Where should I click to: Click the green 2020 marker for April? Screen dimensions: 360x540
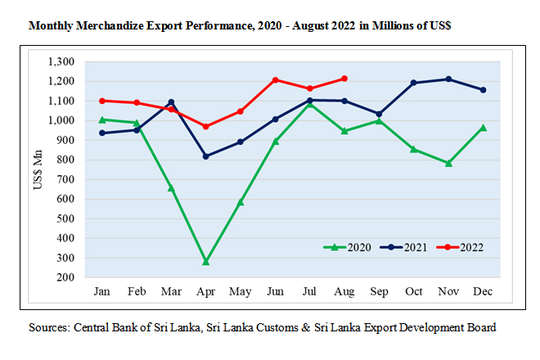(205, 262)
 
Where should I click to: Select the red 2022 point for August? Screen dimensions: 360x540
(344, 79)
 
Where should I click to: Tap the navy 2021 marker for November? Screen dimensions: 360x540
(448, 79)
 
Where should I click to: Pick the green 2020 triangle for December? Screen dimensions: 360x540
(483, 128)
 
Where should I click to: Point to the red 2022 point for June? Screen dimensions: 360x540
(275, 80)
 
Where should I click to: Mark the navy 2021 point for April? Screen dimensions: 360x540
(205, 156)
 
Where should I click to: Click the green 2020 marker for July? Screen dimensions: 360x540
(309, 104)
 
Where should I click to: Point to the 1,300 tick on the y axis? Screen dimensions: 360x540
(61, 61)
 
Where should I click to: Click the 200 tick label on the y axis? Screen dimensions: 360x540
(66, 277)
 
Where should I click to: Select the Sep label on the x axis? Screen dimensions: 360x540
(379, 291)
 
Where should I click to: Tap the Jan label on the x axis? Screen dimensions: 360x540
(102, 291)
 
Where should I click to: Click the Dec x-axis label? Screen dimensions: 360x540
(483, 291)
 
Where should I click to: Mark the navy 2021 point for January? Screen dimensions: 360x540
(102, 133)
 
